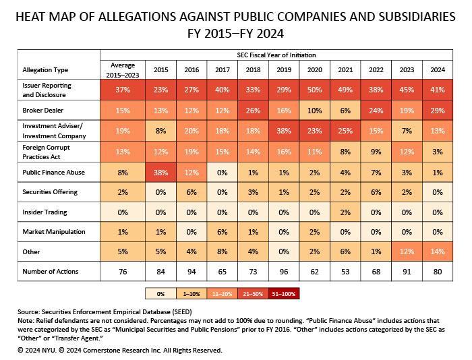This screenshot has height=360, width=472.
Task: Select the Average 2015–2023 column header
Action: click(123, 69)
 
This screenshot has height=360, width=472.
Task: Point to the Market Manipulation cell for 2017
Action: click(222, 231)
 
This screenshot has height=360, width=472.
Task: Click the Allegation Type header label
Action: click(45, 69)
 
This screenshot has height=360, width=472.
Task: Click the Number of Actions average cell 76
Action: click(123, 272)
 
